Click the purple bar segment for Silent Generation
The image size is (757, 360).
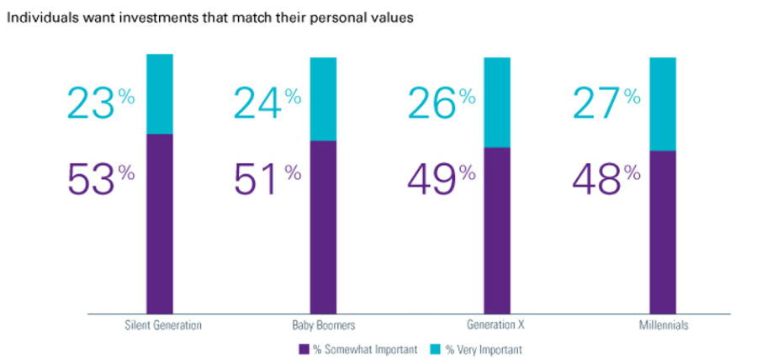[x=160, y=223]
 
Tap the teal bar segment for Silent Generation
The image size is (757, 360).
[x=160, y=93]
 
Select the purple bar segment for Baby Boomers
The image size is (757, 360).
[x=323, y=226]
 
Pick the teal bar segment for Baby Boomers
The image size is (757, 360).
[x=323, y=98]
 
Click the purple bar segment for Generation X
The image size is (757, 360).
[x=496, y=230]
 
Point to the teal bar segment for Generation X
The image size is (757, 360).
[x=496, y=102]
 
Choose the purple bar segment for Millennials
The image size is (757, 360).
[x=663, y=231]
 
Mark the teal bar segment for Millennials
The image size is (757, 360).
[x=663, y=103]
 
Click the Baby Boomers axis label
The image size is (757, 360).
[x=322, y=324]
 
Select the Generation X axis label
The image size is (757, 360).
[x=496, y=324]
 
